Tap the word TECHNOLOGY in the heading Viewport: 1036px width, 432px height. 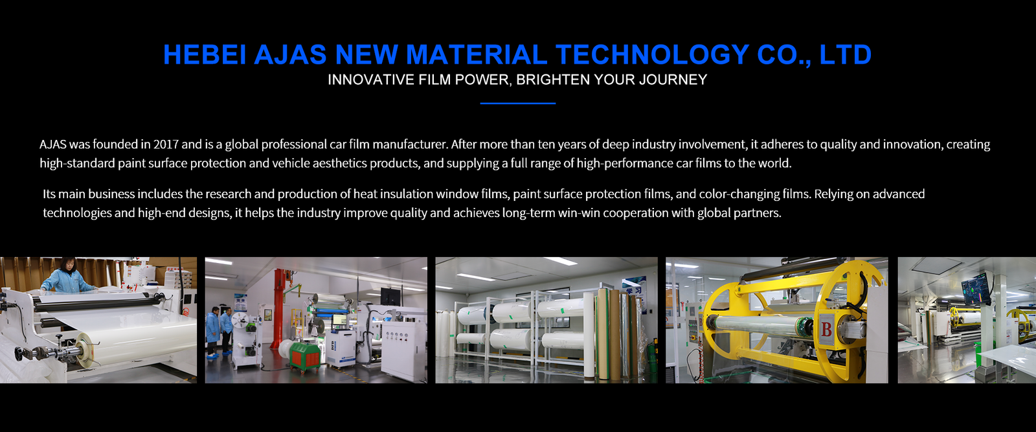652,54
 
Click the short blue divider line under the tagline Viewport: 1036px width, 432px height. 517,103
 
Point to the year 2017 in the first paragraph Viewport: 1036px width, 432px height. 166,144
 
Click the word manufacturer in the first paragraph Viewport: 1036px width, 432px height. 411,144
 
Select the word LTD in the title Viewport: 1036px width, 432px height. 846,54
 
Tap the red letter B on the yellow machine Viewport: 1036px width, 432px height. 826,329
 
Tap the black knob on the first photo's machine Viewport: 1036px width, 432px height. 19,354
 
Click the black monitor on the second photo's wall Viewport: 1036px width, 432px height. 390,296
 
